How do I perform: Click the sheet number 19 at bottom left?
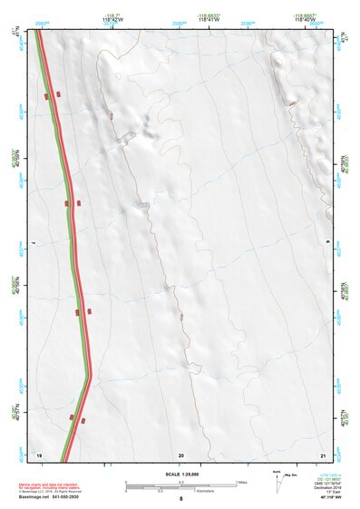tap(39, 455)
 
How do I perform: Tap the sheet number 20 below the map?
tap(181, 455)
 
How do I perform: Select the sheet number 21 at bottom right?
tap(323, 455)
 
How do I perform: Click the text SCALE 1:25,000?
tap(181, 475)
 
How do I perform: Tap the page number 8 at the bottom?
tap(181, 499)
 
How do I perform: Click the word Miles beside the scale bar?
tap(243, 482)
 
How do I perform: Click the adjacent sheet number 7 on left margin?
tap(33, 243)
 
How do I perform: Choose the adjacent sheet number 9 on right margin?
tap(328, 243)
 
